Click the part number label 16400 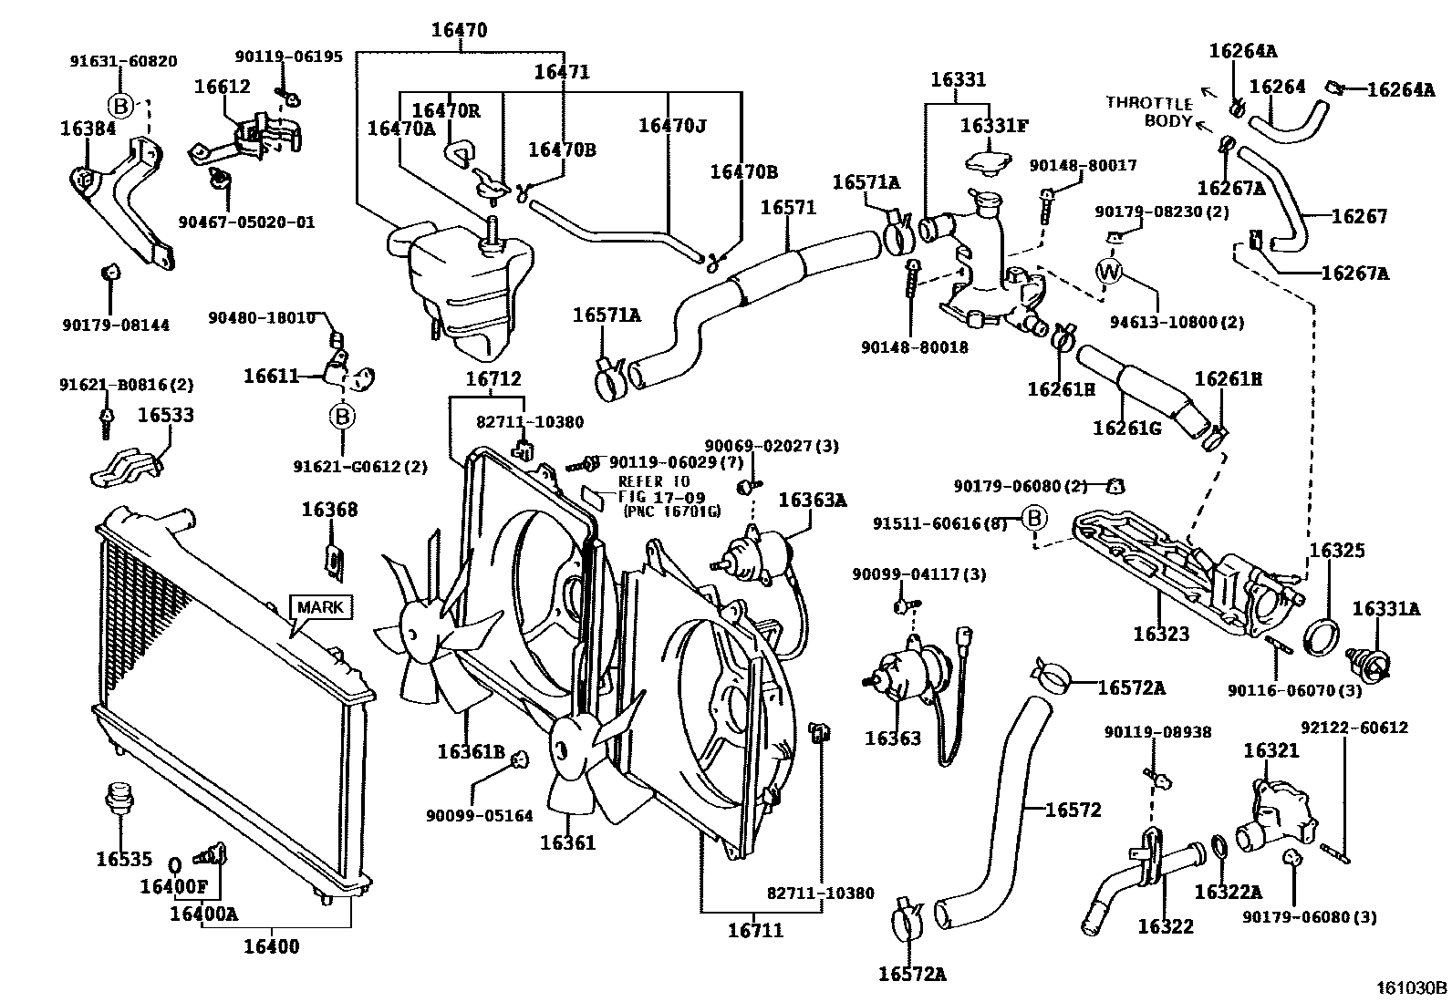(271, 946)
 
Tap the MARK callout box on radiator (321, 607)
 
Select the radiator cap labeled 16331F (988, 160)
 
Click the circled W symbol (1109, 272)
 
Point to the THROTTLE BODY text (1148, 111)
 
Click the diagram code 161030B (1411, 987)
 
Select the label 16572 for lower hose (1073, 810)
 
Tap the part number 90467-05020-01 (246, 222)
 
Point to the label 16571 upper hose (788, 207)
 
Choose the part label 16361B (471, 751)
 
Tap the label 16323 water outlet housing (1161, 634)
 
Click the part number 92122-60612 (1354, 728)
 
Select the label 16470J (671, 125)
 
